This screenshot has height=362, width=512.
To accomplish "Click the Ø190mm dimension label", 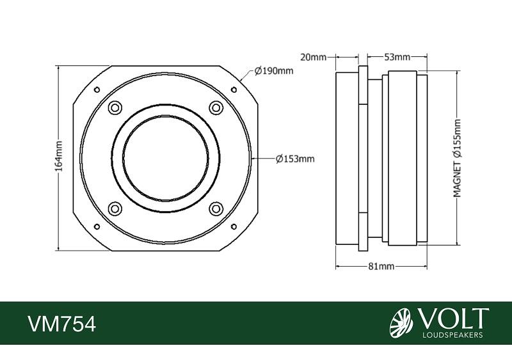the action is (x=274, y=70).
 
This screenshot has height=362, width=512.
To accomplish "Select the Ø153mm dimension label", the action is (x=295, y=159).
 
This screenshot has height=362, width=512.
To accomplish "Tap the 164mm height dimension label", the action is (x=58, y=156).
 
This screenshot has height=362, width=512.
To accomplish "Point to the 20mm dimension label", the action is (x=313, y=58).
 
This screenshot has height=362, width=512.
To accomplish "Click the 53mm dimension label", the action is (x=397, y=57).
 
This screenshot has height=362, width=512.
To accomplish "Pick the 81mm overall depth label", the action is (x=381, y=267).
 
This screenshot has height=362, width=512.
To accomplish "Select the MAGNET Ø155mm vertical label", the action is (x=457, y=159).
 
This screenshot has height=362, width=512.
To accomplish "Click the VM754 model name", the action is (x=62, y=324).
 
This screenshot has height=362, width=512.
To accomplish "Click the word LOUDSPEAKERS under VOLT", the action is (x=452, y=335).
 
